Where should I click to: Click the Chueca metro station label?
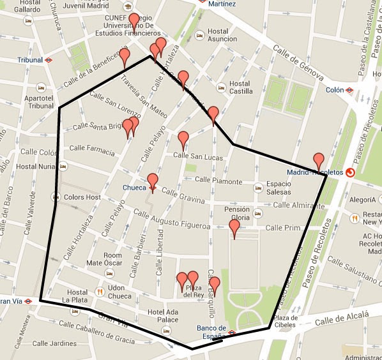pyautogui.click(x=134, y=188)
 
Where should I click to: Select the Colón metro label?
pyautogui.click(x=335, y=90)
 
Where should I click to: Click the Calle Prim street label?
pyautogui.click(x=282, y=227)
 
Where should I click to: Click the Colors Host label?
pyautogui.click(x=82, y=197)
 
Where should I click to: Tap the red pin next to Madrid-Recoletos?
pyautogui.click(x=318, y=161)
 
